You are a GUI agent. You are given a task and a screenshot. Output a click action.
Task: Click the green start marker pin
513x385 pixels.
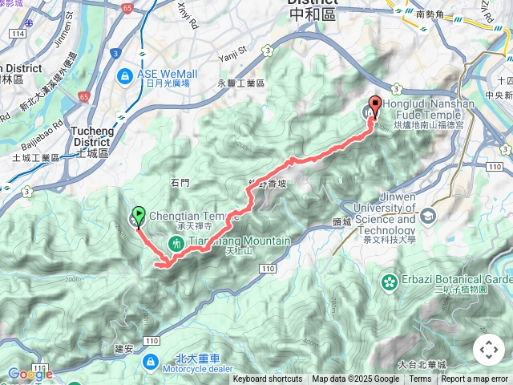(138, 215)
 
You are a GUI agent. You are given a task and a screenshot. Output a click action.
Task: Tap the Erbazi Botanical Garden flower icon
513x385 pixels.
(389, 282)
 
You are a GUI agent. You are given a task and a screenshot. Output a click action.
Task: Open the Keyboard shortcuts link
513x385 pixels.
(268, 379)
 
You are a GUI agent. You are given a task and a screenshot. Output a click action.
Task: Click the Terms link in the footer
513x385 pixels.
(420, 379)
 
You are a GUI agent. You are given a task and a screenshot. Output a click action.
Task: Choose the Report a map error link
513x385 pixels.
(475, 379)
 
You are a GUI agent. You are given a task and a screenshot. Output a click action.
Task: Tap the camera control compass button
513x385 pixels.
(489, 351)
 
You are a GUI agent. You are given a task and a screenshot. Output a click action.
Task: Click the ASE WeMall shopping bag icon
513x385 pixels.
(124, 77)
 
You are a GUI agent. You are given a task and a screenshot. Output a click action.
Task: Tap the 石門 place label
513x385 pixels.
(180, 183)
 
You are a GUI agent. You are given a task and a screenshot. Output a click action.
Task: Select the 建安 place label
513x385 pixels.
(123, 348)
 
